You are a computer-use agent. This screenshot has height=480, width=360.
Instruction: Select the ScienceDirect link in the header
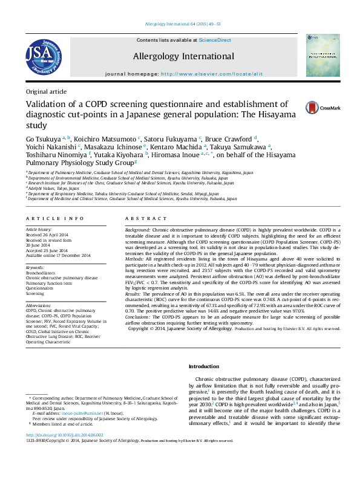tap(215, 40)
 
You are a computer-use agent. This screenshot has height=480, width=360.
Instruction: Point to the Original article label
tap(46, 91)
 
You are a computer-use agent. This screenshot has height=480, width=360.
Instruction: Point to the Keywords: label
tap(35, 267)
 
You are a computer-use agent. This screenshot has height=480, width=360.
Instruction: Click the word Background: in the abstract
tap(138, 231)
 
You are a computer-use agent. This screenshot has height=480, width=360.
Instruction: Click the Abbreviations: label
tap(39, 305)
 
